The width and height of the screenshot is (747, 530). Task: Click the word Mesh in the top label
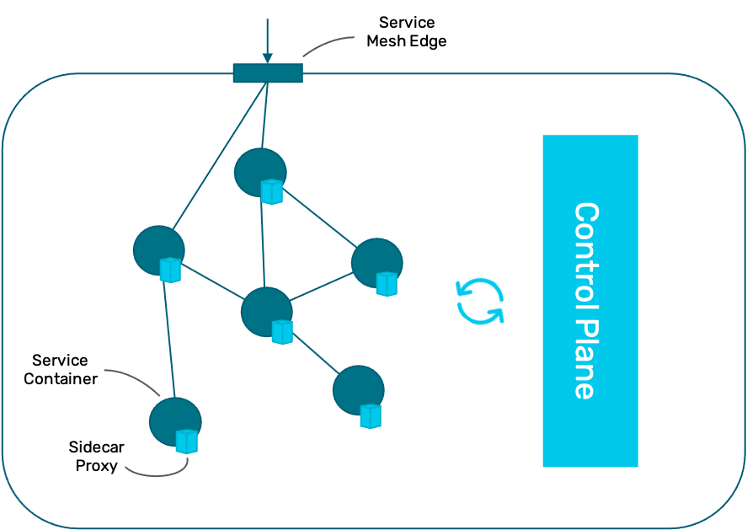coord(384,41)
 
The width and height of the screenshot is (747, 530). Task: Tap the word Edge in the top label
coord(428,41)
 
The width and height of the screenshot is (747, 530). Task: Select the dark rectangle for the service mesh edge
coord(268,73)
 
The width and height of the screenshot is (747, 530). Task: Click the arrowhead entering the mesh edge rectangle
coord(268,57)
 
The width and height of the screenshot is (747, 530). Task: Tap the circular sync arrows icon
coord(480,301)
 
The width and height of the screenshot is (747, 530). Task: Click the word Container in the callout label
coord(61,378)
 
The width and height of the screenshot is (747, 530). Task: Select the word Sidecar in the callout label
coord(96,447)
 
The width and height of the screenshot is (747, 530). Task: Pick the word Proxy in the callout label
coord(96,466)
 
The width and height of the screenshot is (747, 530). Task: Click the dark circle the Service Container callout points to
coord(175,422)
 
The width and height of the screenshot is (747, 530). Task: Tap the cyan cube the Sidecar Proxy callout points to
coord(187,442)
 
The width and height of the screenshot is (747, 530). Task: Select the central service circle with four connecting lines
coord(266,312)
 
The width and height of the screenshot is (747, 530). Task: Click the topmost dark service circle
coord(260,173)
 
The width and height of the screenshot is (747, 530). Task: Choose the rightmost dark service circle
coord(376,263)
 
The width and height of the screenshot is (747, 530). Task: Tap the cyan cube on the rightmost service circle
coord(387,284)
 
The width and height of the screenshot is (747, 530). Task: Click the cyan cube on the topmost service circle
coord(272,191)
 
